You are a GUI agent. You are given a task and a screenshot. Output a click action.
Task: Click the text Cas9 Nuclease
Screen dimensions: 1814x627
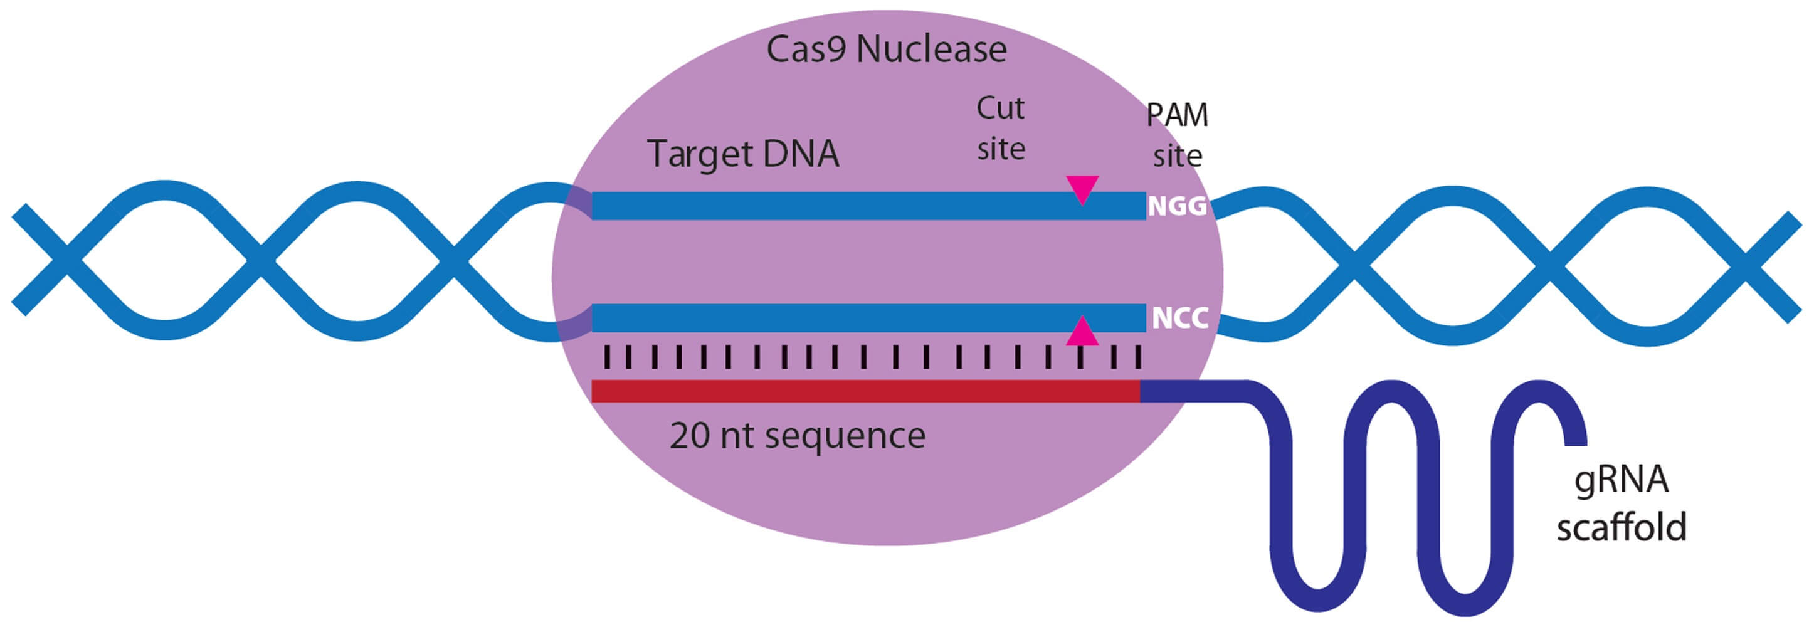click(x=886, y=50)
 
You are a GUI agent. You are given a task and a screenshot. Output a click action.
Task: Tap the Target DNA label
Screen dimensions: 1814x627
click(x=743, y=154)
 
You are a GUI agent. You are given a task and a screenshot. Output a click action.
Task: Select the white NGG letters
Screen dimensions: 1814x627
click(x=1178, y=206)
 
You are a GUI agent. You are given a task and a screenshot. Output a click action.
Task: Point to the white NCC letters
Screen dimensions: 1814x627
click(x=1180, y=318)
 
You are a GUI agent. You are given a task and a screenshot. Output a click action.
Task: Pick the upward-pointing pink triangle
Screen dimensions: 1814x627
click(x=1082, y=331)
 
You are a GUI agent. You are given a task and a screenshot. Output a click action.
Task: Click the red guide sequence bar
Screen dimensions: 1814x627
click(x=865, y=391)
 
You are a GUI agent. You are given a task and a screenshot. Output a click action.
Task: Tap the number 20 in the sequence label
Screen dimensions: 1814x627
click(x=690, y=436)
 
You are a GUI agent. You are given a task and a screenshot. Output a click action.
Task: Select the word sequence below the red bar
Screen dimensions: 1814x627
click(x=845, y=438)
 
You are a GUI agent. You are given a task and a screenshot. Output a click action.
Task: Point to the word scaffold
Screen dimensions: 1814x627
click(x=1621, y=526)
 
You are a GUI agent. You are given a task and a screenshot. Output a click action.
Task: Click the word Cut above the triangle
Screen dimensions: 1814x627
click(x=1000, y=108)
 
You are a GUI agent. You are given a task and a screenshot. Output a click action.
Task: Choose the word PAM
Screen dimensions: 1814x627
click(x=1177, y=115)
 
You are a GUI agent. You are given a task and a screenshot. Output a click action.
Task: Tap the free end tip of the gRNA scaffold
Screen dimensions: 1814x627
click(x=1576, y=445)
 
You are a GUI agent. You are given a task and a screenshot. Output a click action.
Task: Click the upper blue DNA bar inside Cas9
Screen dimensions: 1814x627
click(x=869, y=206)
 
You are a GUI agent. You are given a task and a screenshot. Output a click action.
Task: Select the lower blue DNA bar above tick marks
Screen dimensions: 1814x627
click(x=869, y=318)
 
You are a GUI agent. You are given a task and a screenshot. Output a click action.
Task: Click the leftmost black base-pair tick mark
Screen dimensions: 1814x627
click(x=606, y=357)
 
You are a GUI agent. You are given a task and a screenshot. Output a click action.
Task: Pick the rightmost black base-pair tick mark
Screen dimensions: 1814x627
click(x=1138, y=357)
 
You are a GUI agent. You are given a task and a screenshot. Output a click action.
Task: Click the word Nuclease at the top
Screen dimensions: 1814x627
click(x=932, y=50)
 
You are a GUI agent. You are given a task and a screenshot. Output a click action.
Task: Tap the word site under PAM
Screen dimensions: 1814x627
click(x=1177, y=156)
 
